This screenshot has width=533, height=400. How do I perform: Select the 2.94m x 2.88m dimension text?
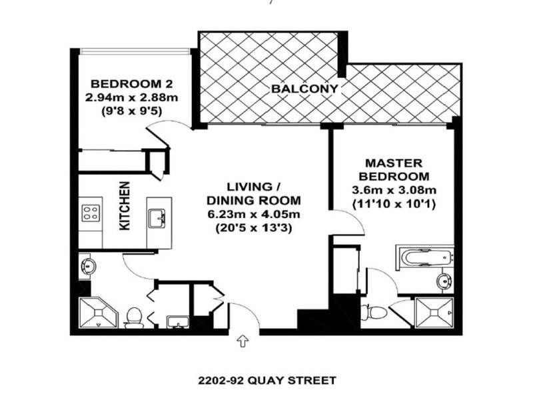click(x=132, y=97)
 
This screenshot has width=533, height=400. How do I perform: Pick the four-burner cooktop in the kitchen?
click(x=91, y=215)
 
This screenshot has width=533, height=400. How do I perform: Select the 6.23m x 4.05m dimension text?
click(x=253, y=214)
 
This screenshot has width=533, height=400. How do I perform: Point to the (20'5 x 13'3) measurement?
click(x=253, y=227)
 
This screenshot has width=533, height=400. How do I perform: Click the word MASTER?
click(x=392, y=163)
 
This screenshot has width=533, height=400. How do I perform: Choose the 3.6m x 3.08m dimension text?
click(x=393, y=191)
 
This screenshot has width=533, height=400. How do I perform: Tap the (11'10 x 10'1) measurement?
click(x=393, y=204)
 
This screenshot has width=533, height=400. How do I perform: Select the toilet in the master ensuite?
click(x=374, y=311)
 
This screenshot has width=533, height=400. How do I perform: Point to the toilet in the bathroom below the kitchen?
click(x=134, y=316)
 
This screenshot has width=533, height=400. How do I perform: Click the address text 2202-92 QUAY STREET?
click(x=267, y=381)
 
